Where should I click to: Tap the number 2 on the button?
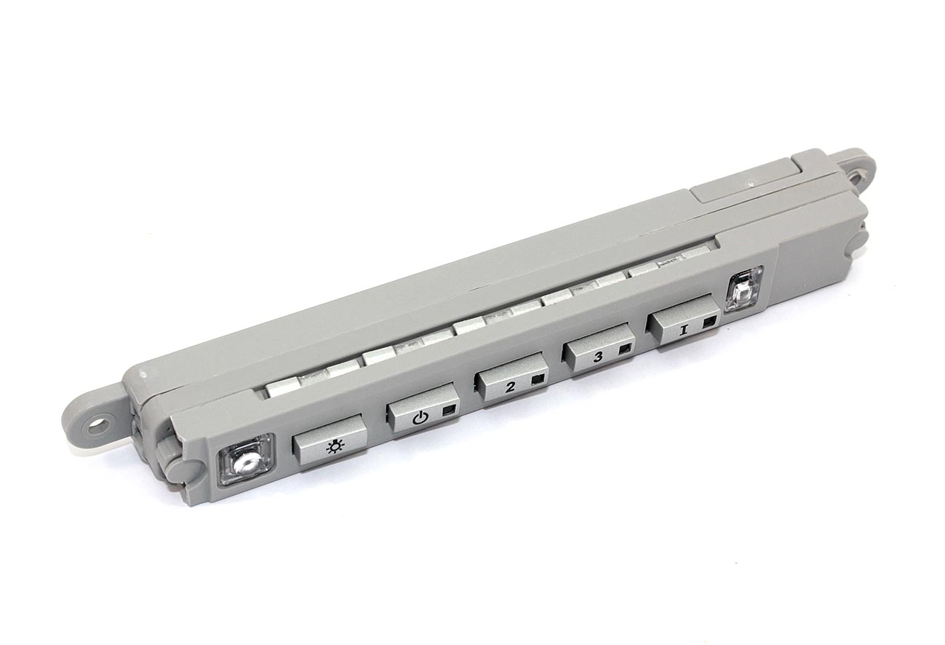[x=510, y=387]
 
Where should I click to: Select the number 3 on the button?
[x=598, y=357]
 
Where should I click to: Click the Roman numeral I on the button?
[x=682, y=330]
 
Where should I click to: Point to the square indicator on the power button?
[x=448, y=411]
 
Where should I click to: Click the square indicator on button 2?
[x=538, y=380]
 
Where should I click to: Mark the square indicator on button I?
[x=709, y=323]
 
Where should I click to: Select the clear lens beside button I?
[x=743, y=290]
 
